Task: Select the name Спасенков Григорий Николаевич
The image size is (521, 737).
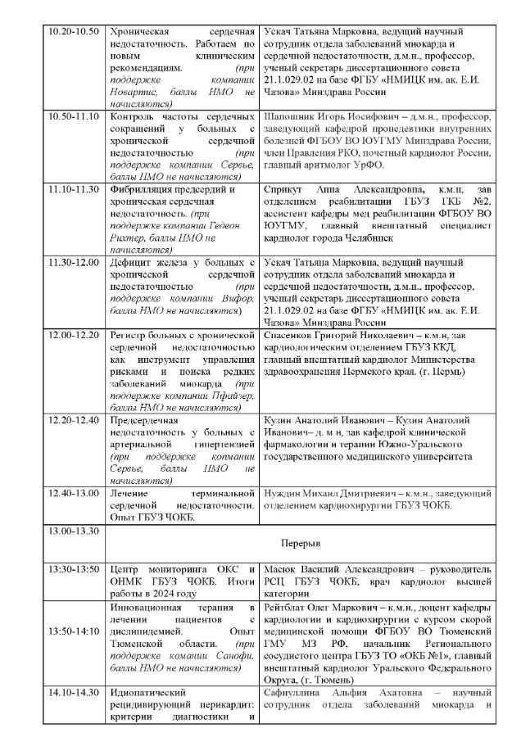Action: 327,335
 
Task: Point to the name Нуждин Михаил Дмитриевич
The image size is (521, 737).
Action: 318,494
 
